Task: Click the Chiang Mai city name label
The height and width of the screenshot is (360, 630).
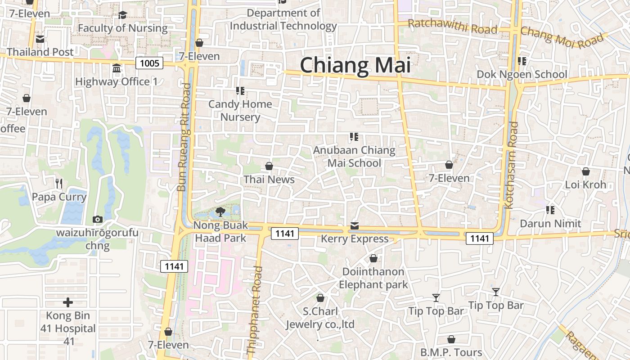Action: tap(355, 65)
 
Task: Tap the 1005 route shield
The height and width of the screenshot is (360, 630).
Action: tap(149, 63)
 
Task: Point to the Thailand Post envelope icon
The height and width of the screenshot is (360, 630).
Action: tap(40, 40)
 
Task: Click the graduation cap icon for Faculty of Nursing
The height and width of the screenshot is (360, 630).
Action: tap(122, 16)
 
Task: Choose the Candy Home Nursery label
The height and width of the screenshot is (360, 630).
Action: tap(240, 111)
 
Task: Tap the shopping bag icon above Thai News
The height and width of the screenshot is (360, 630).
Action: tap(269, 166)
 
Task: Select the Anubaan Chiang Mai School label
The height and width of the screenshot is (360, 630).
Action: tap(354, 156)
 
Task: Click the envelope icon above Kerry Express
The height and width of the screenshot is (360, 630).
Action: tap(355, 225)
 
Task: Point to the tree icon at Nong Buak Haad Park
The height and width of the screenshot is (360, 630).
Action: tap(220, 211)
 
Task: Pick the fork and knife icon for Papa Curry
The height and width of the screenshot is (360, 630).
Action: tap(59, 184)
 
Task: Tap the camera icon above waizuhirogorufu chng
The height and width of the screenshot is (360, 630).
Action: tap(97, 220)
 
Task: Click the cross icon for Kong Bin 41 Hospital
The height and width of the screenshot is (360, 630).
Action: tap(68, 302)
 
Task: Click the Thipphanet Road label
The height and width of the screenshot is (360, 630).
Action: tap(254, 310)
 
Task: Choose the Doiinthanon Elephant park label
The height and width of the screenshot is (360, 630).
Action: tap(373, 278)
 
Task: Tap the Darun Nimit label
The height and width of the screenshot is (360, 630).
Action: tap(550, 224)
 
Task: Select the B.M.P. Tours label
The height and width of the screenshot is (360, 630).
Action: tap(451, 352)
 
